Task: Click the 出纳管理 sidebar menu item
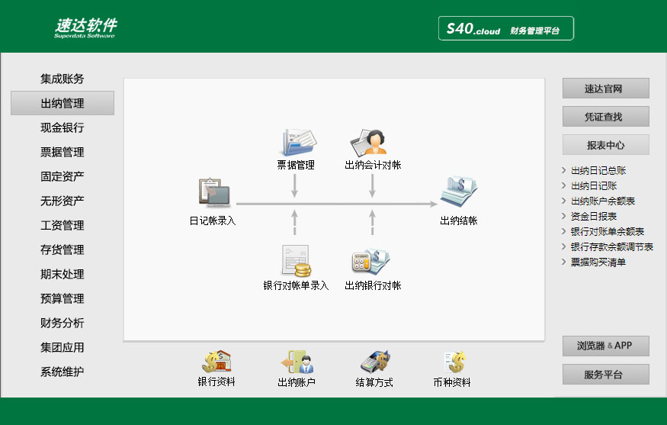[62, 103]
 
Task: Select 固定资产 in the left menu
[62, 176]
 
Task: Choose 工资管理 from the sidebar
[62, 225]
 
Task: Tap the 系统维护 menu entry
[62, 372]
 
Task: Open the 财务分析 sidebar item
[62, 323]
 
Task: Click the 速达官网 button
[606, 89]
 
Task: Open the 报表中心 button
[606, 145]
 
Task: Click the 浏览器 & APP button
[606, 346]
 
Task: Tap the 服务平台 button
[606, 375]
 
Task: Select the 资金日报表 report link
[593, 217]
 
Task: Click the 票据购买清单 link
[598, 262]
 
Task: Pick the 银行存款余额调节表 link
[611, 246]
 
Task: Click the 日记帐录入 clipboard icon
[214, 192]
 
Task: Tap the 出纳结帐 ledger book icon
[459, 192]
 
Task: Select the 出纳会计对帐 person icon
[368, 142]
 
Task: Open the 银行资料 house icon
[216, 362]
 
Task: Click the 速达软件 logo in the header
[85, 27]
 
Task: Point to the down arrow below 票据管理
[294, 185]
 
